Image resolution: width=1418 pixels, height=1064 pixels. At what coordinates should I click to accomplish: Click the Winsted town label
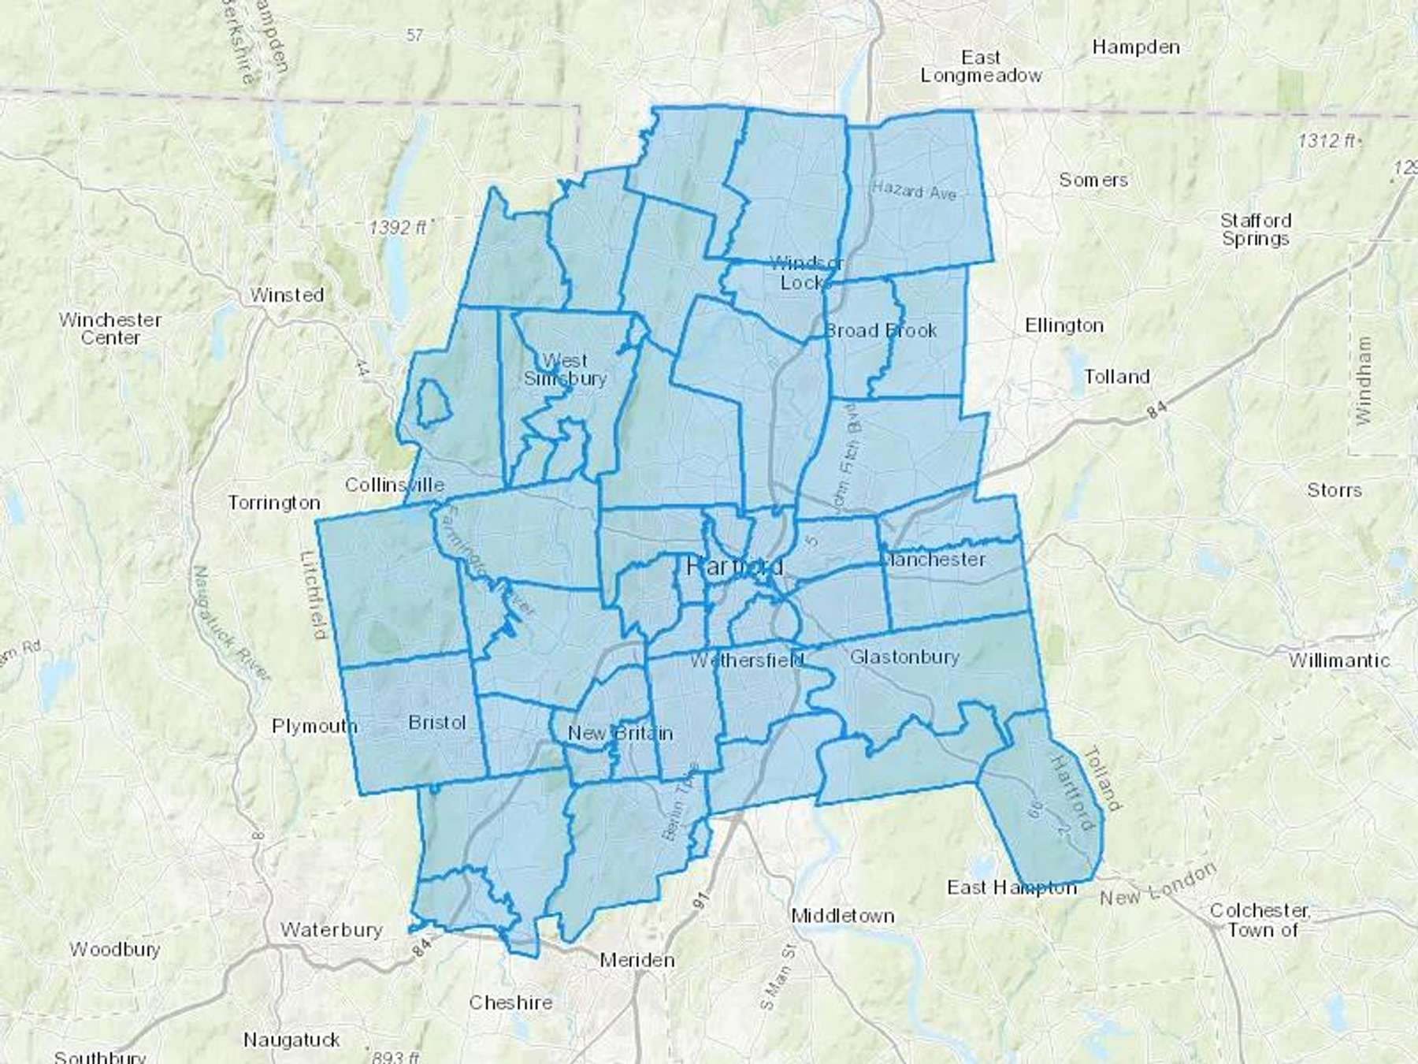[287, 295]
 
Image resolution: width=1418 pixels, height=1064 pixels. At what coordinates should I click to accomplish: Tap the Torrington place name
[274, 502]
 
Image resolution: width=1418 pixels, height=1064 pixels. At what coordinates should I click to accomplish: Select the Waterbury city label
[331, 930]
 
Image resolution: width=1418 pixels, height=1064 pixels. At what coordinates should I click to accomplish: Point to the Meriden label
[637, 960]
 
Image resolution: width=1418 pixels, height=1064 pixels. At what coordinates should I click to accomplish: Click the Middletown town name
[842, 916]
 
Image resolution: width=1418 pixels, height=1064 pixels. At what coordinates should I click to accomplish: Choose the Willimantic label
[1339, 660]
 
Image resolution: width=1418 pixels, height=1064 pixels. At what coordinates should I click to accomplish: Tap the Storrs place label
[1334, 490]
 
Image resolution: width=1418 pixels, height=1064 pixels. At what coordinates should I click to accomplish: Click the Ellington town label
[1063, 326]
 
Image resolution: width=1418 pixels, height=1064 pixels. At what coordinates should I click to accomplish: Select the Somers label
[1093, 180]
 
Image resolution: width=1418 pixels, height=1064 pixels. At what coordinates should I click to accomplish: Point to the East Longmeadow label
[981, 67]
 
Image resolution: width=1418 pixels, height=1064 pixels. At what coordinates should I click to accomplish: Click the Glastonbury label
[904, 657]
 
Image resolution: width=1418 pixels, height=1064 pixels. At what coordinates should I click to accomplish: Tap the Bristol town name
[437, 722]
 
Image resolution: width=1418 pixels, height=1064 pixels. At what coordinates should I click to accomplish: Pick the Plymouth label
[314, 726]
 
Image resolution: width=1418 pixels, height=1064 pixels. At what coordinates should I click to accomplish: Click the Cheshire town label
[510, 1003]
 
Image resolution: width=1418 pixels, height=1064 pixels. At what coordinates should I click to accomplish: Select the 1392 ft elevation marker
[398, 228]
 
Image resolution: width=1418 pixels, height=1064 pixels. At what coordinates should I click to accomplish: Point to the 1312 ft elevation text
[1327, 141]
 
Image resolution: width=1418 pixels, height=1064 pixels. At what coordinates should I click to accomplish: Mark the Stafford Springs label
[1256, 229]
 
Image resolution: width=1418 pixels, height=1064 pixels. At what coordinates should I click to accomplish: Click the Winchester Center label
[110, 329]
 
